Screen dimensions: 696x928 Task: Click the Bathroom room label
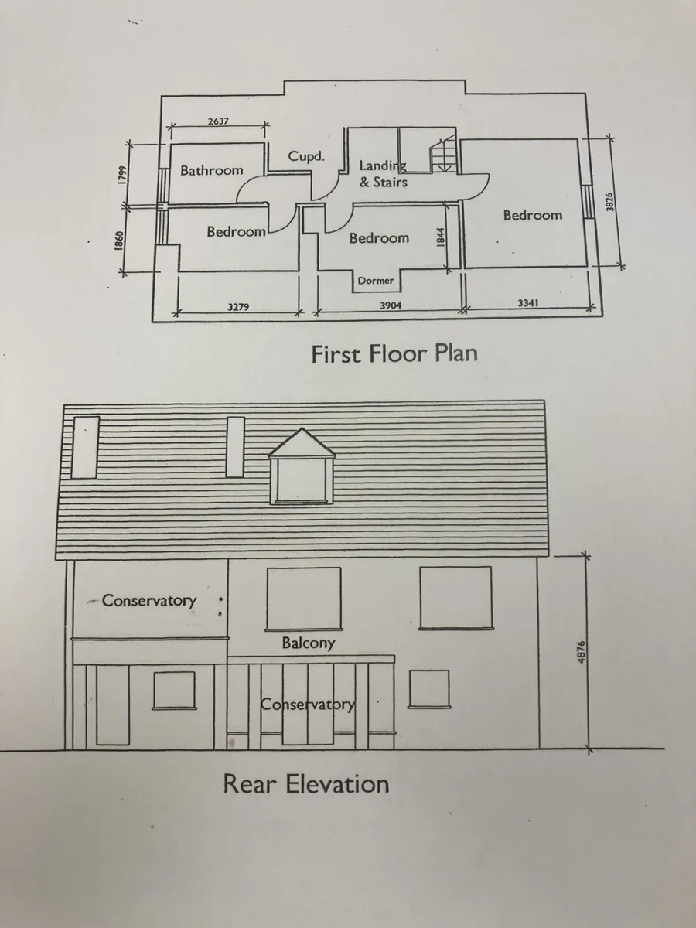pos(212,170)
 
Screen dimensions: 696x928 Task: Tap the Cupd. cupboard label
pos(306,156)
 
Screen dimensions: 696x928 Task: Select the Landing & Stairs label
pos(384,173)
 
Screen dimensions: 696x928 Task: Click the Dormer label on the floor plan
pos(376,280)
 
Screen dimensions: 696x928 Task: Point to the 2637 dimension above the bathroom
pos(218,121)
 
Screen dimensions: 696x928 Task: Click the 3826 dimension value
pos(609,202)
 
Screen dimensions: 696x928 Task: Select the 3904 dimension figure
pos(390,305)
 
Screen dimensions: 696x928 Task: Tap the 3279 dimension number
pos(238,307)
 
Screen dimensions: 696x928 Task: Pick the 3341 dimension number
pos(528,302)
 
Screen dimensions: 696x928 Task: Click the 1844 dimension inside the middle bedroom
pos(440,237)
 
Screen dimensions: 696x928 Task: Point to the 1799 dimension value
pos(122,175)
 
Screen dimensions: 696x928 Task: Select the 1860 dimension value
pos(119,241)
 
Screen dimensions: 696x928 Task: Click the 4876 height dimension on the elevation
pos(582,652)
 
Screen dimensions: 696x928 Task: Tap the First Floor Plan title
pos(394,353)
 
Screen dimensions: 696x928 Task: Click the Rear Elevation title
pos(306,784)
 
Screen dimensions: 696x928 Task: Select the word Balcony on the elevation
pos(309,643)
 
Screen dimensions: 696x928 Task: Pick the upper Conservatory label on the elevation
pos(149,601)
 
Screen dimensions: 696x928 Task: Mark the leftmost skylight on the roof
pos(85,447)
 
